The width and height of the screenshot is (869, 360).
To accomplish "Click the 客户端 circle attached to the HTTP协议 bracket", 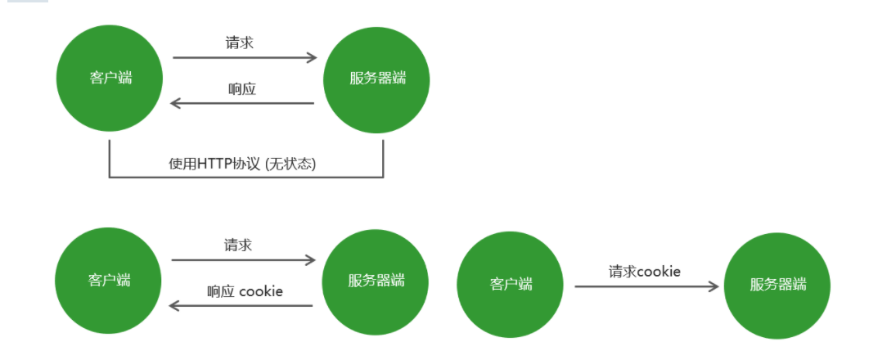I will click(110, 79).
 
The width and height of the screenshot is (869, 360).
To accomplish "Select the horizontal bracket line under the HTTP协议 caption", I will click(245, 177).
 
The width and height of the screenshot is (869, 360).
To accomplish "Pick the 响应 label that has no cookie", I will click(241, 88).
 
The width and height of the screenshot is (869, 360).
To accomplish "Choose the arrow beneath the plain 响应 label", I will click(242, 104).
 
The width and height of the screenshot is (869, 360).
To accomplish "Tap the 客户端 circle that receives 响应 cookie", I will click(109, 280).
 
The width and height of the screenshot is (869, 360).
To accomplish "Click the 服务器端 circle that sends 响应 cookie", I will click(376, 280).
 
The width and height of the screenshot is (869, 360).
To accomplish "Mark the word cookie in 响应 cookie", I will click(261, 290).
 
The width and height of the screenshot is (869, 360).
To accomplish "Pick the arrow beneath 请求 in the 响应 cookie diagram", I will click(243, 260).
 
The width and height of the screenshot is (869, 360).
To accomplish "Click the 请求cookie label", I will click(644, 271).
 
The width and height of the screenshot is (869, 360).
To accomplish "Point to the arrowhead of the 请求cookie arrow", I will click(714, 286).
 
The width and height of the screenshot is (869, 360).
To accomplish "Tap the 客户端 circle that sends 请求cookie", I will click(511, 285).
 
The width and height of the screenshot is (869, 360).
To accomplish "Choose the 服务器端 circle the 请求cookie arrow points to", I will click(777, 285).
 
